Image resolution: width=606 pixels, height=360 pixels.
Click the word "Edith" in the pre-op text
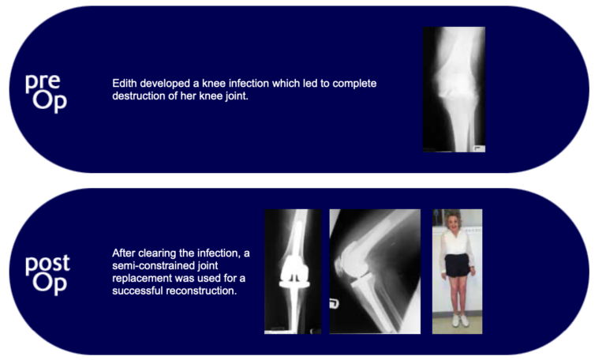point(126,83)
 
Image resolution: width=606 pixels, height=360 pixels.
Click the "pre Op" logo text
point(46,91)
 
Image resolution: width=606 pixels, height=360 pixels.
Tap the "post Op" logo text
point(47,273)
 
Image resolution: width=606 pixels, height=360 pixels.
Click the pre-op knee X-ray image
point(454,88)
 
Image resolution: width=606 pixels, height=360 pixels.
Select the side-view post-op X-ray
point(374,271)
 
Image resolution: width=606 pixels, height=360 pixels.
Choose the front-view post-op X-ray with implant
point(293,271)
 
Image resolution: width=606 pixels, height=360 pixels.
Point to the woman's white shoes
point(457,321)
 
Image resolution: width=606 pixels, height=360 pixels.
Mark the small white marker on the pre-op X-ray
point(478,148)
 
